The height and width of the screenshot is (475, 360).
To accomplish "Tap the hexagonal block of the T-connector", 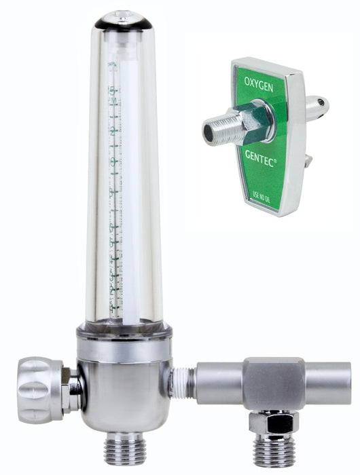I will coord(274,383).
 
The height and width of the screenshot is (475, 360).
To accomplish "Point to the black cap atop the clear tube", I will coord(123,21).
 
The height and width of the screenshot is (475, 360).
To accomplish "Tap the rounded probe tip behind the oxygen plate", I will coord(319,105).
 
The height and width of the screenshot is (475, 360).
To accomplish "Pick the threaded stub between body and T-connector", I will coord(182,383).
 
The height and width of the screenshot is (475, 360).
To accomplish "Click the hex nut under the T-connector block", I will coord(272,423).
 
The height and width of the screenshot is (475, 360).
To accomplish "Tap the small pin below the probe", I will coord(308,161).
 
